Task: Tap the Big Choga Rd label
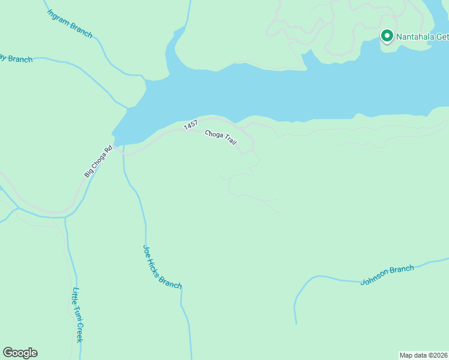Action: [x=98, y=162]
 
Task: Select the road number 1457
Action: [x=191, y=125]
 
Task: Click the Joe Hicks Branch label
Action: [x=162, y=266]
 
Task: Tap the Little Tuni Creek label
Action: [x=77, y=315]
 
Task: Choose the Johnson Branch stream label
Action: [x=387, y=275]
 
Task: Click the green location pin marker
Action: [x=387, y=37]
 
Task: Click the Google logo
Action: [x=20, y=353]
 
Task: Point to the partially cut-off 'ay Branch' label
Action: [x=16, y=59]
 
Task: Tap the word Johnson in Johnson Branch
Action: [x=376, y=278]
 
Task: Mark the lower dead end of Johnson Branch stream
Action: [x=296, y=323]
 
